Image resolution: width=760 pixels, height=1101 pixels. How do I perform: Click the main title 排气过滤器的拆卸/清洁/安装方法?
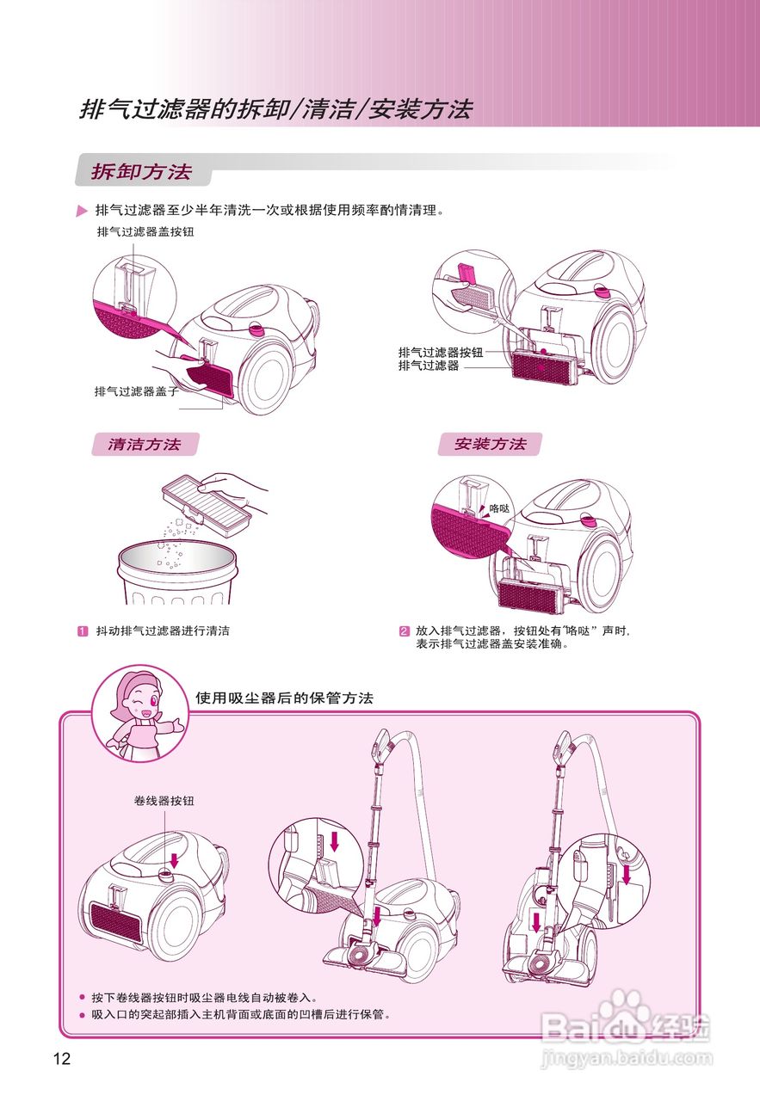(275, 110)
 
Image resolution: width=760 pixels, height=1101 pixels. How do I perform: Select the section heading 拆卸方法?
(141, 171)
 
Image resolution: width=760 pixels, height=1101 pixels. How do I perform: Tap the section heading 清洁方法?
(144, 445)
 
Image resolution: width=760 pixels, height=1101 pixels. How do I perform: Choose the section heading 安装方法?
(490, 445)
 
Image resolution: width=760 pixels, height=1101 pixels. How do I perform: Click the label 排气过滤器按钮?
(440, 353)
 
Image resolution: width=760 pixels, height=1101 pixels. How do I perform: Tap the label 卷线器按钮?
(164, 801)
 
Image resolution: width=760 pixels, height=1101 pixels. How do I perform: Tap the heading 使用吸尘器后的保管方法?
(284, 698)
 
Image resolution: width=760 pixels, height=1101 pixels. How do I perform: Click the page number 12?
(61, 1059)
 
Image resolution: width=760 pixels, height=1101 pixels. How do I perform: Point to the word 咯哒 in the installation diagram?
(500, 508)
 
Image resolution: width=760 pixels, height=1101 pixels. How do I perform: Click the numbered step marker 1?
(83, 631)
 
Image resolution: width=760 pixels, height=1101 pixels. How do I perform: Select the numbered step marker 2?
(403, 631)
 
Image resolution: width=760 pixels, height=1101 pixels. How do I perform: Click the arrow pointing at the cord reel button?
(175, 860)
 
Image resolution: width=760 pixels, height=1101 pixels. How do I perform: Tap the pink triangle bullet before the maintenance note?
(82, 211)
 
